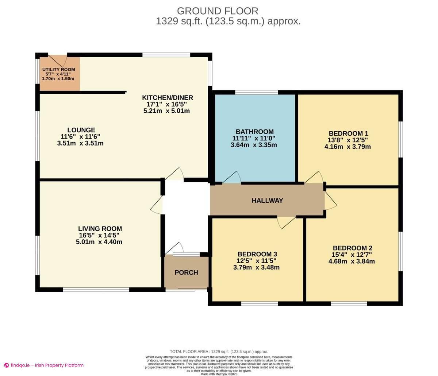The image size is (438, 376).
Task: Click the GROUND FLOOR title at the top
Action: (218, 11)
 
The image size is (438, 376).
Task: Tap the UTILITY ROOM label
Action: (58, 69)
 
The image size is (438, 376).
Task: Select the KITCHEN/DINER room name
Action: (167, 98)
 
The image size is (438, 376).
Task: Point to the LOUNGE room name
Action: (81, 130)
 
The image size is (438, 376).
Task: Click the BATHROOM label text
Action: (254, 132)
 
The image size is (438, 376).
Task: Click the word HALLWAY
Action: (267, 201)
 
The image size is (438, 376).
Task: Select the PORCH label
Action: (186, 272)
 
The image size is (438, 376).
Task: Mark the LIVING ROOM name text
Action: (100, 229)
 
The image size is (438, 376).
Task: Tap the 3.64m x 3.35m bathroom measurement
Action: (254, 145)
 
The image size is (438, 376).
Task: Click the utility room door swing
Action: (58, 61)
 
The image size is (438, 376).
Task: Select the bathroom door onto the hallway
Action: (231, 178)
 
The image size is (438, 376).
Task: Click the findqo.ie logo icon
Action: (7, 365)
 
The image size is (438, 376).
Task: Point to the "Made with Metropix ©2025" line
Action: (219, 374)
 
